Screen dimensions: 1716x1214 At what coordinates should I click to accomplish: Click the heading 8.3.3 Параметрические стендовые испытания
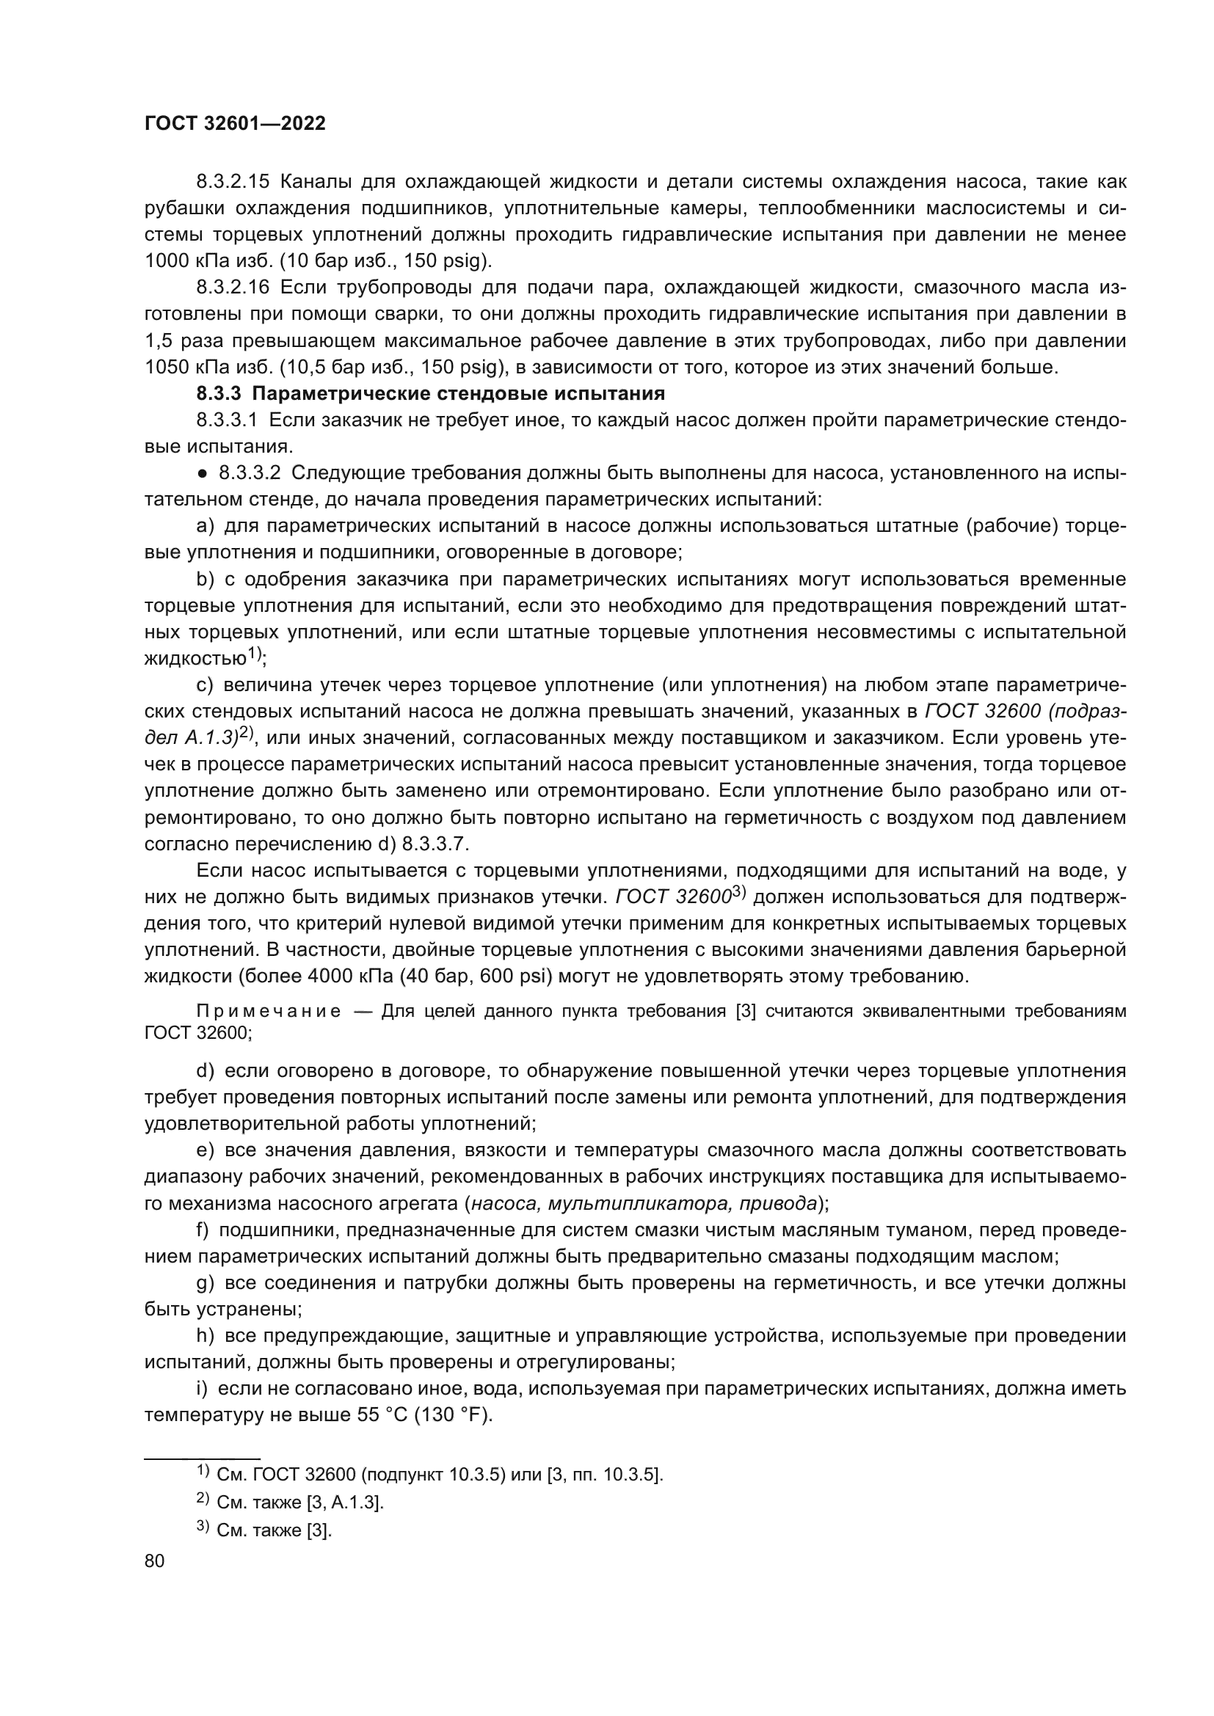[430, 393]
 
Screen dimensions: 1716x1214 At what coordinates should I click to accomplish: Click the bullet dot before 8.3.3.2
[203, 473]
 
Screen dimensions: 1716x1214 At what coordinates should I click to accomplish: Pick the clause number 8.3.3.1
[228, 420]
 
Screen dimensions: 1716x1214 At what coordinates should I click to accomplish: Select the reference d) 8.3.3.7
[427, 844]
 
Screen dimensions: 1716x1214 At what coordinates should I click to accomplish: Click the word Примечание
[269, 1012]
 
